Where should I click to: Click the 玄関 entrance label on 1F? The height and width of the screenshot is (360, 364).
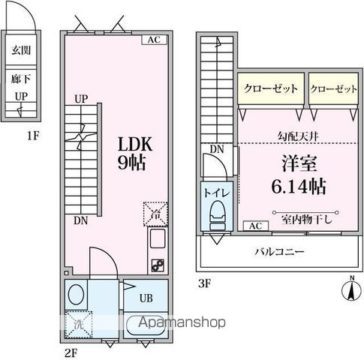pos(21,50)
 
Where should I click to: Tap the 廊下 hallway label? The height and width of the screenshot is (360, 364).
pos(21,79)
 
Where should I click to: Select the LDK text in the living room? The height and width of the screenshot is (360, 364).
pos(135,144)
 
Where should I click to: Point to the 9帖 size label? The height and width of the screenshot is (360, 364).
pos(131,163)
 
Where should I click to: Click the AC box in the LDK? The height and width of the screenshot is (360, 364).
pos(154,40)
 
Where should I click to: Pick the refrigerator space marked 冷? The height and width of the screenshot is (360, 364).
pos(155,214)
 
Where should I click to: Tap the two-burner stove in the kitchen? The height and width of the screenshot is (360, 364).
pos(158,265)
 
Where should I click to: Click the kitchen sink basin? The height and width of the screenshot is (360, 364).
pos(158,238)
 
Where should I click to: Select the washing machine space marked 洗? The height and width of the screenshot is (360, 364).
pos(79,324)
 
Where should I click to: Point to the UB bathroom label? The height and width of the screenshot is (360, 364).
pos(146,298)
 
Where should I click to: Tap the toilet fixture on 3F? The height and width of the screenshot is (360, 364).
pos(218,215)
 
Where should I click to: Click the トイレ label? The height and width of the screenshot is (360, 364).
pos(217,193)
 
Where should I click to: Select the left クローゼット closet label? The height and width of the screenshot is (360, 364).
pos(271,88)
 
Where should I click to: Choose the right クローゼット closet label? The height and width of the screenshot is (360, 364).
pos(334,88)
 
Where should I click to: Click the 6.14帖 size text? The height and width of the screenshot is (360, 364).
pos(299,186)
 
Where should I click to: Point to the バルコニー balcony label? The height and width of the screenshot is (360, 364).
pos(279,251)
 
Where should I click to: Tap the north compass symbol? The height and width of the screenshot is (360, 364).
pos(352,289)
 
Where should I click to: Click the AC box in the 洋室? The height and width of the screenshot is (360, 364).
pos(256,226)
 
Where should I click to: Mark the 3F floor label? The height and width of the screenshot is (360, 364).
pos(205,283)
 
